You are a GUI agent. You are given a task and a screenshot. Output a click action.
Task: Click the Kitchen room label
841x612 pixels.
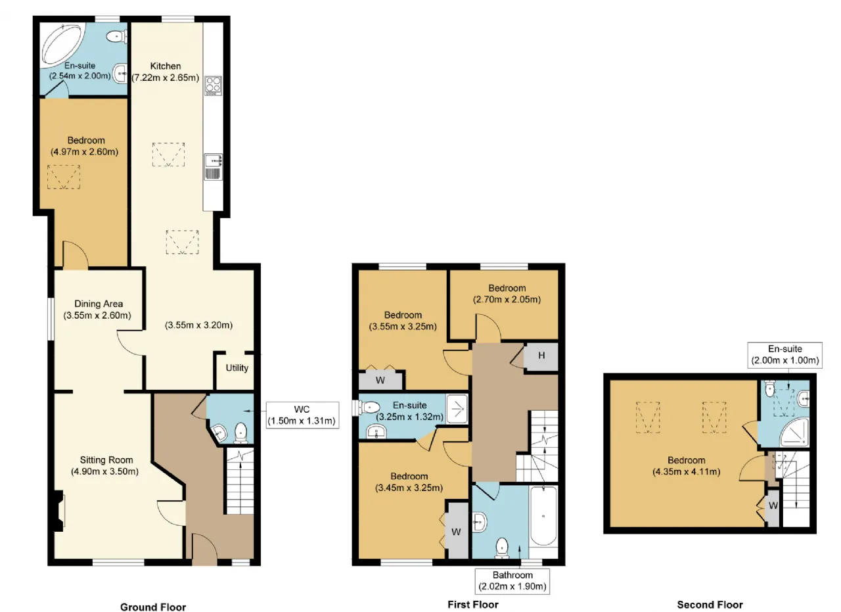(x=165, y=66)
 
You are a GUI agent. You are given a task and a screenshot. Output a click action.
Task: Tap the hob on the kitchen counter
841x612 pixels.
(x=213, y=85)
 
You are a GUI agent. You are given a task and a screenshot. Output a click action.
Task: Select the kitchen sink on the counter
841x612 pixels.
(x=214, y=166)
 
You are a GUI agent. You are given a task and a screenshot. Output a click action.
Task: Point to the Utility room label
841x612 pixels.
(x=237, y=368)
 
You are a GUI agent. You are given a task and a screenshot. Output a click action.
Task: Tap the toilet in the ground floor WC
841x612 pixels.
(x=240, y=433)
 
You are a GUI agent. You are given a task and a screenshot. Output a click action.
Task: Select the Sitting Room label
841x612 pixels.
(x=106, y=460)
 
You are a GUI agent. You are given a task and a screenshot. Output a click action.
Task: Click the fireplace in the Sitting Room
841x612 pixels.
(x=59, y=511)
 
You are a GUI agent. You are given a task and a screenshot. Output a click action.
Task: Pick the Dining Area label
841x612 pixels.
(x=99, y=304)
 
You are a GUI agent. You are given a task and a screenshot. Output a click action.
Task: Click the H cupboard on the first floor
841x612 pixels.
(x=541, y=356)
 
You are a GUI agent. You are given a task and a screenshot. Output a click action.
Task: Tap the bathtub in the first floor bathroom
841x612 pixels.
(x=543, y=516)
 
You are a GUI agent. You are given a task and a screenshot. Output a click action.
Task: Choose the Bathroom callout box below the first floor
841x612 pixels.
(x=512, y=581)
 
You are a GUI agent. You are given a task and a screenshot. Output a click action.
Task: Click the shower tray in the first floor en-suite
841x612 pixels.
(x=457, y=409)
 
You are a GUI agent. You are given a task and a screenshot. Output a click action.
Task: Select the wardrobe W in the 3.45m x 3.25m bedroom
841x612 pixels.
(x=457, y=531)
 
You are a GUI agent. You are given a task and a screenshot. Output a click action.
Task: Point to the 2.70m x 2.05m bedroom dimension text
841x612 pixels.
(x=507, y=299)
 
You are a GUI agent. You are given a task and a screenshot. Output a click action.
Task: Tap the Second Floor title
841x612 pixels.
(x=710, y=605)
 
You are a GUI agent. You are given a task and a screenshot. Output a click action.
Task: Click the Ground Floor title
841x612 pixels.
(x=153, y=607)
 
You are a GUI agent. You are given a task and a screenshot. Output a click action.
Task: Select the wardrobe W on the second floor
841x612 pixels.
(x=773, y=506)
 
